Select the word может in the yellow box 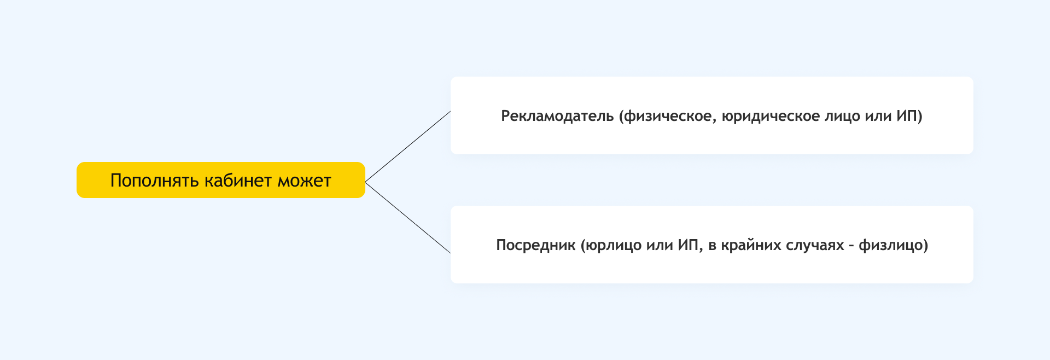pos(304,181)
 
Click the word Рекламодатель pos(557,116)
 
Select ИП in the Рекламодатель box pos(907,116)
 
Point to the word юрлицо pos(614,245)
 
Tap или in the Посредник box pos(660,245)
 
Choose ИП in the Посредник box pos(689,245)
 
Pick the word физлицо pos(891,245)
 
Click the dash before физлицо pos(851,246)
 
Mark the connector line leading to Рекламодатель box pos(408,146)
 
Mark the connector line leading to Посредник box pos(408,218)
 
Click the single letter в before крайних pos(712,246)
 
